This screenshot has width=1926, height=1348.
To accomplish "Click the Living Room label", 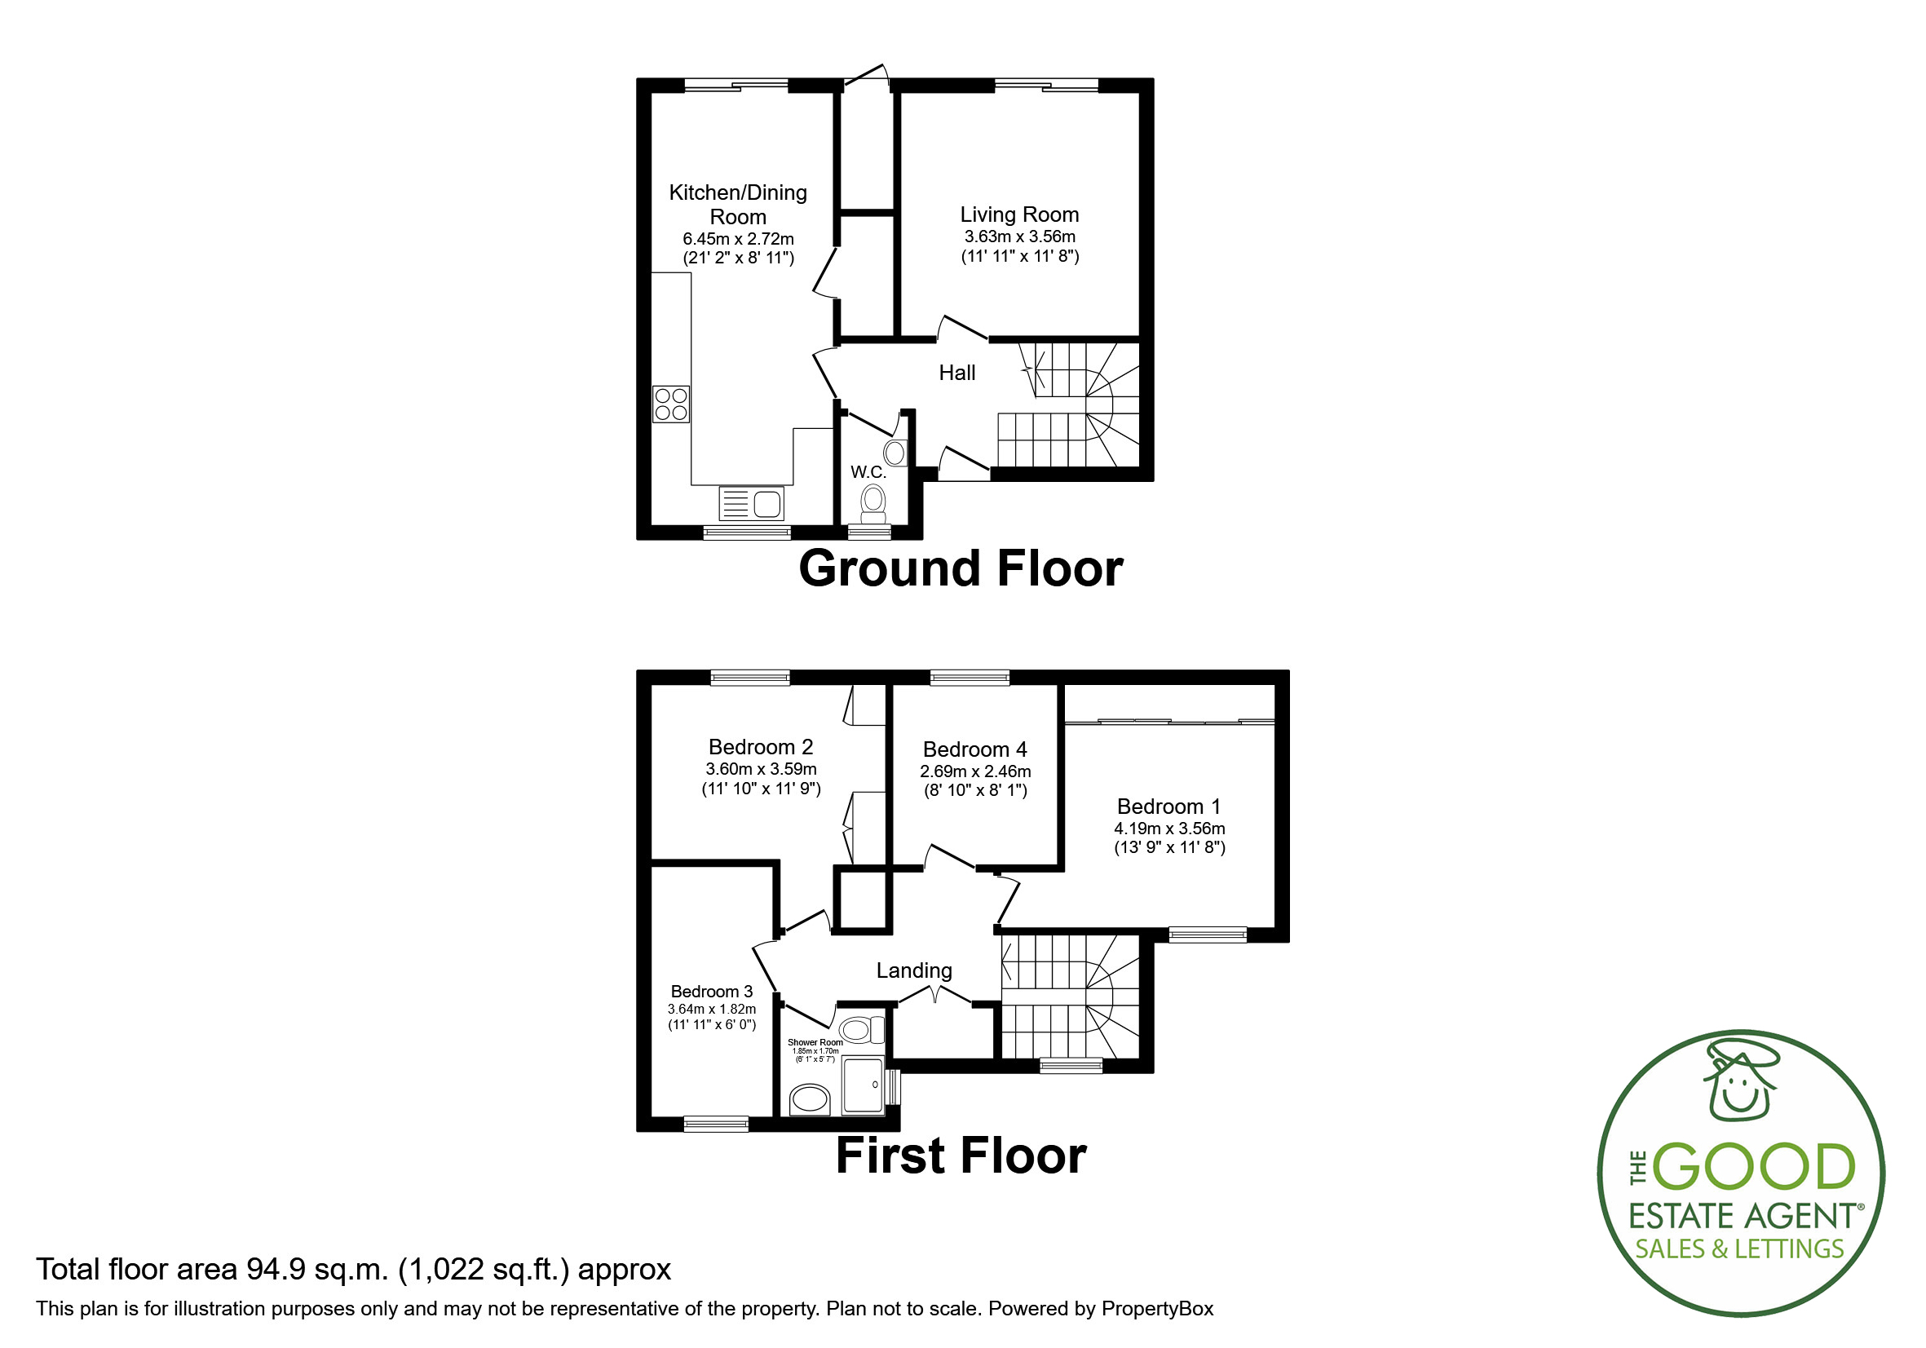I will point(1019,214).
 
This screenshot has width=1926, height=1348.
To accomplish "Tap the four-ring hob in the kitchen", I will point(671,404).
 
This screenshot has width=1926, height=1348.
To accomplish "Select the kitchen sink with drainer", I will point(752,503).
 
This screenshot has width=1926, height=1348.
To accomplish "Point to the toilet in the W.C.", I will point(873,503).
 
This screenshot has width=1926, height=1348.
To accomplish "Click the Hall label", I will point(956,373).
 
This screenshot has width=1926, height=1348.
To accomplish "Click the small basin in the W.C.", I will point(895,453).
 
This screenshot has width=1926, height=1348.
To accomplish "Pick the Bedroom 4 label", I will point(974,749).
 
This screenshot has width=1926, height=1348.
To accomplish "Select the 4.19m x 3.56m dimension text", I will point(1168,828).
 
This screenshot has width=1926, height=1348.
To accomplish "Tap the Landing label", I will point(913,970).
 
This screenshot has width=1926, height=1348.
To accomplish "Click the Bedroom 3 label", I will point(711,992).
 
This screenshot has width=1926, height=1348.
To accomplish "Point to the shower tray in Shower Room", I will point(864,1085).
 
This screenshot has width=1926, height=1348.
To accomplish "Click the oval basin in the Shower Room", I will point(811,1098).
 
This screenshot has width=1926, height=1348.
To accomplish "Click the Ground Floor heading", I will point(961,568).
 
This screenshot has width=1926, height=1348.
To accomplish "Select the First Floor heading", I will point(961,1155).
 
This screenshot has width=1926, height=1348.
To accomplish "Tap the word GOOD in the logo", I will point(1753,1167).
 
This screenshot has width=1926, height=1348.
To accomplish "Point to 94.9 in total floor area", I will point(275,1269).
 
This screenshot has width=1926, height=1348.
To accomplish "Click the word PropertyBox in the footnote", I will point(1157,1309).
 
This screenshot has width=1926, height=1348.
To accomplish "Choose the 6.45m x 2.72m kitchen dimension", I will point(737,239).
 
